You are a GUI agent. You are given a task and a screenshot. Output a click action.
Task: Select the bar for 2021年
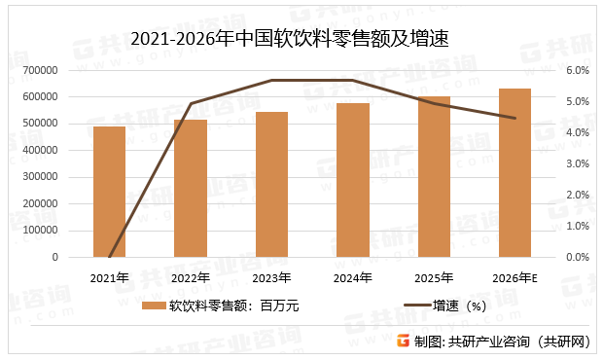pyautogui.click(x=109, y=192)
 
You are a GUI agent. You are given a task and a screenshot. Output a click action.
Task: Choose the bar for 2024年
pyautogui.click(x=353, y=180)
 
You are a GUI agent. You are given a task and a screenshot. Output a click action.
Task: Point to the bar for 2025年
pyautogui.click(x=435, y=177)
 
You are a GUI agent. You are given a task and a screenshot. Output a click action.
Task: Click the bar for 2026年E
pyautogui.click(x=515, y=173)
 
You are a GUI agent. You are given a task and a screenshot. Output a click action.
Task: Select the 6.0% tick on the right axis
pyautogui.click(x=578, y=70)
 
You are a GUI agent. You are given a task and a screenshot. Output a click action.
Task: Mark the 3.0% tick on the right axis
pyautogui.click(x=578, y=163)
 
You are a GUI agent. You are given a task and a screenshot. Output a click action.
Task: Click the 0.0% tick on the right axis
pyautogui.click(x=578, y=258)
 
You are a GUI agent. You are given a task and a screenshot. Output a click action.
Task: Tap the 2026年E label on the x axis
pyautogui.click(x=515, y=278)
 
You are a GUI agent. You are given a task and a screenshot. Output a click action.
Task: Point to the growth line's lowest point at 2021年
pyautogui.click(x=109, y=258)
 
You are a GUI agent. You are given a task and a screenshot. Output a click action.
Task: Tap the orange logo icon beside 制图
pyautogui.click(x=403, y=341)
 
